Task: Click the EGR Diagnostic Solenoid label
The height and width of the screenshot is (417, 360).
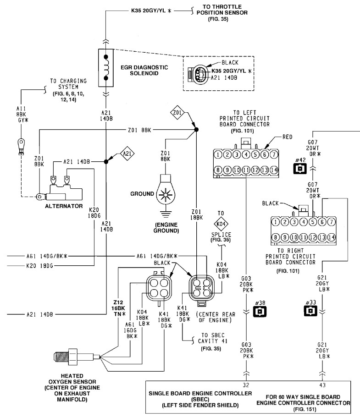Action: [144, 70]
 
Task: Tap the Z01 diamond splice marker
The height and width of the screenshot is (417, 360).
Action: [177, 113]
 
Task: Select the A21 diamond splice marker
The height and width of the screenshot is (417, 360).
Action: [127, 154]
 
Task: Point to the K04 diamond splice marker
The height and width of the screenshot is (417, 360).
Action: [221, 224]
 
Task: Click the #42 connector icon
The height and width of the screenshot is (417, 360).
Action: [300, 169]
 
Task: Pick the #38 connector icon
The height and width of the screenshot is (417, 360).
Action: [260, 311]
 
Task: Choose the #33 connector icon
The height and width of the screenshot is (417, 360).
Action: [310, 311]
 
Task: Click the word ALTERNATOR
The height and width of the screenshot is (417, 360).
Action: [64, 206]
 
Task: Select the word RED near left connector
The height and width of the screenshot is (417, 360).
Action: [288, 137]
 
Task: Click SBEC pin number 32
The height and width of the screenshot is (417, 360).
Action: [246, 385]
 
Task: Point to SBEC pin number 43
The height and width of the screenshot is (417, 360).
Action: [322, 385]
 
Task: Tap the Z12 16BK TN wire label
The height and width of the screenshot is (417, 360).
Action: [118, 308]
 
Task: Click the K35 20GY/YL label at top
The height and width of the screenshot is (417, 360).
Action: [151, 11]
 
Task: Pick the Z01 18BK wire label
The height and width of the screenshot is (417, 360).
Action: [197, 214]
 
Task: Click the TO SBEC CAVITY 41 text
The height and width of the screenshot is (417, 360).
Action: [213, 338]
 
